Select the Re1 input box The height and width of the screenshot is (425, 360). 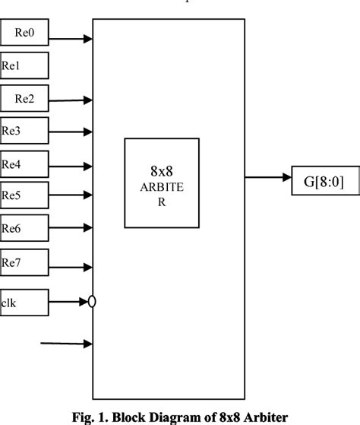(24, 65)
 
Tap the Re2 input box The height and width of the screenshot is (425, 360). (24, 98)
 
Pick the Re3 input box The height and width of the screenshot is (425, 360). (24, 131)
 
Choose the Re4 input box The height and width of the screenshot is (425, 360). (24, 163)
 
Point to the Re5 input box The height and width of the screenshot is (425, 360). (24, 195)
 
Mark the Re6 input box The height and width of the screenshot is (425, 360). (24, 227)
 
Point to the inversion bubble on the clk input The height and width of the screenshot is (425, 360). (92, 303)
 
